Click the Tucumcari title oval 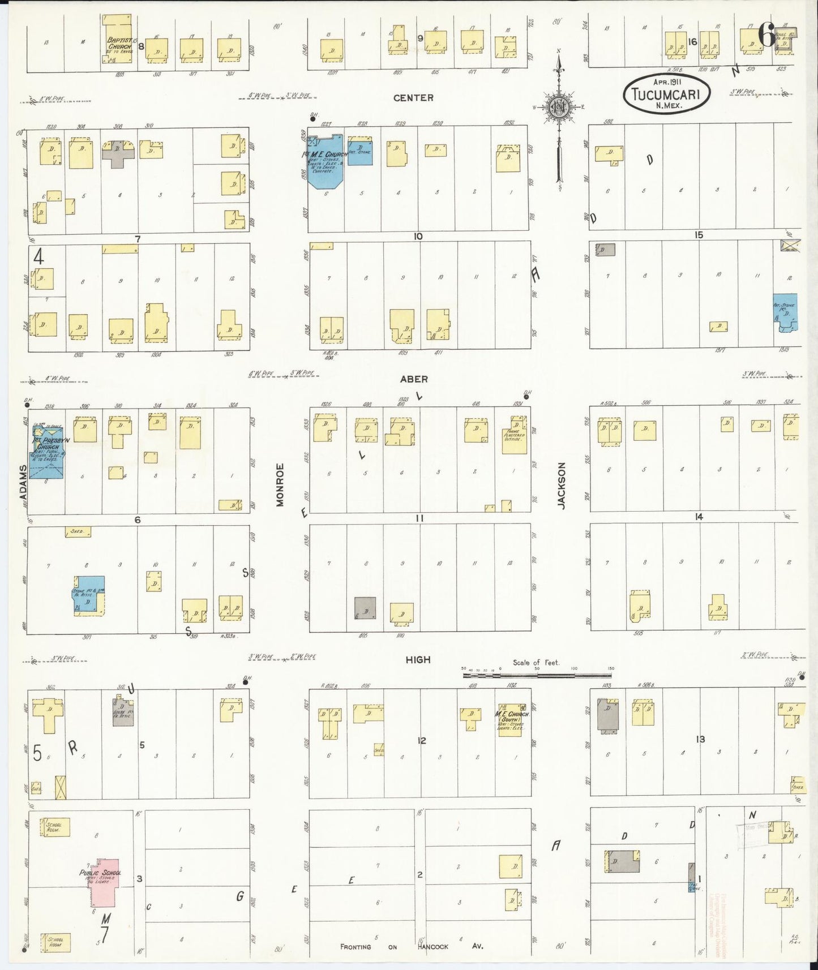pos(666,94)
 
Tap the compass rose pos(559,107)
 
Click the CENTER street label pos(413,98)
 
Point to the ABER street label pos(414,379)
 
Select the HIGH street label pos(418,659)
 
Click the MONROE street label pos(280,484)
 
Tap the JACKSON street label pos(562,486)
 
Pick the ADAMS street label pos(23,482)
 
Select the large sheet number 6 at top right pos(766,36)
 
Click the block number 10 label pos(418,236)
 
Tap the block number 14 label pos(699,517)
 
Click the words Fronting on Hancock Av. pos(412,946)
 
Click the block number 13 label pos(701,739)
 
